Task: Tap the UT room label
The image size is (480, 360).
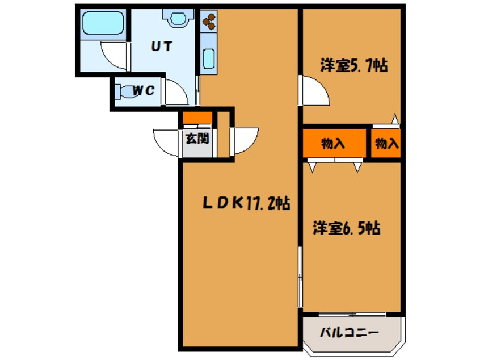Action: [161, 47]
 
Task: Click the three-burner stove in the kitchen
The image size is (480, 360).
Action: [208, 21]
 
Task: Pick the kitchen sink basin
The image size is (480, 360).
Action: [208, 59]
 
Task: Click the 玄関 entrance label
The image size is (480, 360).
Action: [197, 138]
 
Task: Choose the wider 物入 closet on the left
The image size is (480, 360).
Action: [333, 144]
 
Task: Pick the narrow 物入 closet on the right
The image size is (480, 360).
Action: [386, 144]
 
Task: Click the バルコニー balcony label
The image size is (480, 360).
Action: [350, 333]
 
